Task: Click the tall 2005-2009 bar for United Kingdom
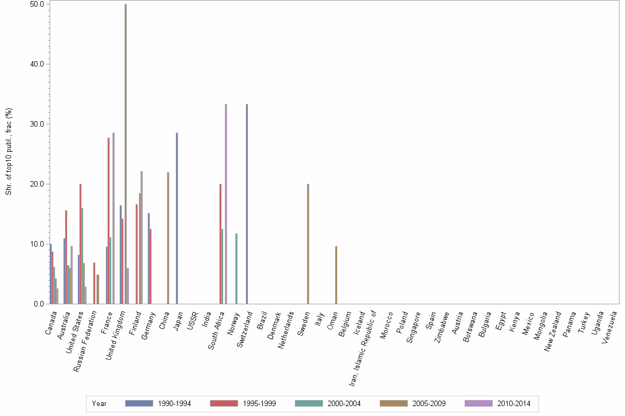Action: (126, 154)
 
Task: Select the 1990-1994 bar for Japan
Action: (177, 218)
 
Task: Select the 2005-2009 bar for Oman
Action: (336, 275)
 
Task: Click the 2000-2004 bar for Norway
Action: (236, 269)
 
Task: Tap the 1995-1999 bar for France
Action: (109, 221)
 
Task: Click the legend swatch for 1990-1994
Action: (139, 404)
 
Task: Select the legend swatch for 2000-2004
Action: (309, 404)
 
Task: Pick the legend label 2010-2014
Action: (514, 404)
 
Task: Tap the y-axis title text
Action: (9, 151)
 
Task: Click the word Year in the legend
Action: (100, 404)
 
